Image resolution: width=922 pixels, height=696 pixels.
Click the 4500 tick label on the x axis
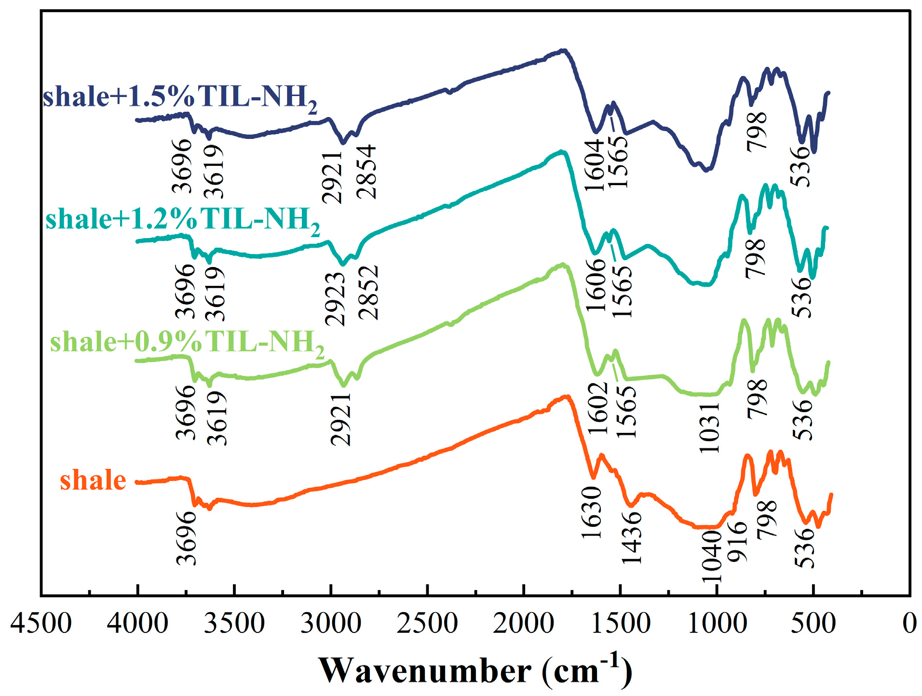41,623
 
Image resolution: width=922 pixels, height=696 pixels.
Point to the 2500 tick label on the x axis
427,623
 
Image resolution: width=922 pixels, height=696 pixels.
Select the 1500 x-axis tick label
620,623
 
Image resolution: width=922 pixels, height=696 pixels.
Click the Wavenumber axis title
475,670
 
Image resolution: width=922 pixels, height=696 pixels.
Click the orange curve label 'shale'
93,481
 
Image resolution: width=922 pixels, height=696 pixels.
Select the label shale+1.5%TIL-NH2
180,98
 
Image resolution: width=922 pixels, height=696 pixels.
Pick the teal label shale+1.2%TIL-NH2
182,220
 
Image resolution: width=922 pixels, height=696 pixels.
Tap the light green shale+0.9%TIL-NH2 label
187,343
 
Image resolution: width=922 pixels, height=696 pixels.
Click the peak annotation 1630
592,512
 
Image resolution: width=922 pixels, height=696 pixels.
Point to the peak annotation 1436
631,537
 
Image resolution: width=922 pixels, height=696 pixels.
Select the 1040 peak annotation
710,557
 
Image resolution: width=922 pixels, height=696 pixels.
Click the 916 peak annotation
737,542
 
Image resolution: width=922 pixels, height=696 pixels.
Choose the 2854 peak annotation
366,172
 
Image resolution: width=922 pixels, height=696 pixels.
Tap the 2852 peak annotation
369,293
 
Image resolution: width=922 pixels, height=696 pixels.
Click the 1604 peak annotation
595,165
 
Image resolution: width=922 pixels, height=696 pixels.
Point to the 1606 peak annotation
596,285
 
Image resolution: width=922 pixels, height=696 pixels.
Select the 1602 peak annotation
598,408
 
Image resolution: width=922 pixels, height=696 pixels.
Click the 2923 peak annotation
335,299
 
